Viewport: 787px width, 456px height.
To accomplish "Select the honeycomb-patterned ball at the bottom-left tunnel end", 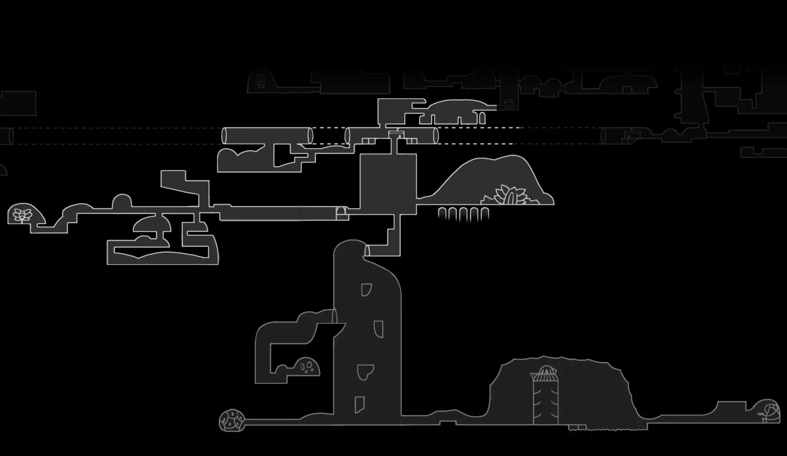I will (x=232, y=420).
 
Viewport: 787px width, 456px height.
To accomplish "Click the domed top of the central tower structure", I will (x=546, y=371).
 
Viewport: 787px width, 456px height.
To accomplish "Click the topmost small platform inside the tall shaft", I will (x=366, y=289).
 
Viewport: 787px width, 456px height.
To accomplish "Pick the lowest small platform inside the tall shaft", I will (x=359, y=404).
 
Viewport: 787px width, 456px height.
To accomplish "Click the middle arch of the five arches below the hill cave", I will (x=464, y=214).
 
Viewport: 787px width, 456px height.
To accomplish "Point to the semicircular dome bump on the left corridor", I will (x=122, y=201).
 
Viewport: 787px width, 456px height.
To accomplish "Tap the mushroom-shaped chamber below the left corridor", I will (x=152, y=224).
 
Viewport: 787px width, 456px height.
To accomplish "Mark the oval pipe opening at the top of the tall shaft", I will (x=367, y=250).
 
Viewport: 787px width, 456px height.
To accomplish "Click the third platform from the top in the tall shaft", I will (x=365, y=372).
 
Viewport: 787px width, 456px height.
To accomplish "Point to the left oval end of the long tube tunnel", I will (x=225, y=136).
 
